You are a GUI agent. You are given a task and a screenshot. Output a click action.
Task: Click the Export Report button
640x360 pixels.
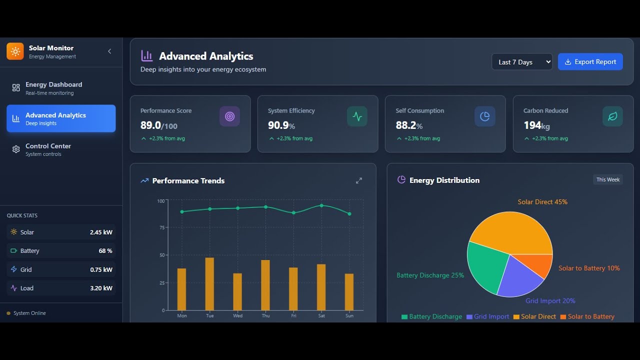coord(590,62)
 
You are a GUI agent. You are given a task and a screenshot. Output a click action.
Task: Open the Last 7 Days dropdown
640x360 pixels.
coord(521,62)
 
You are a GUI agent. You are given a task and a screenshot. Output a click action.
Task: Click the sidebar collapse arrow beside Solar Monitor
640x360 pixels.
coord(109,51)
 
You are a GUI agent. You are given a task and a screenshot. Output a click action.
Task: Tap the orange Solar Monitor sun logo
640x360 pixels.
coord(15,51)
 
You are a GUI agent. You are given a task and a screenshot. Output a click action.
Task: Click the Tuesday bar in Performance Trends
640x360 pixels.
coord(209,284)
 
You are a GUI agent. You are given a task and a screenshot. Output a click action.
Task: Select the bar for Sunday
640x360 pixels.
coord(349,292)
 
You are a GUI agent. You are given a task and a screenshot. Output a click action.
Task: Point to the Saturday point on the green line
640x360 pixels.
coord(321,205)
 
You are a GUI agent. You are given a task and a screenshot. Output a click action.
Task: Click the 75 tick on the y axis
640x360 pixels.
coord(161,227)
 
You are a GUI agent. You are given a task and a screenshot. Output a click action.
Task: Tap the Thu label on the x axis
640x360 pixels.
coord(265,315)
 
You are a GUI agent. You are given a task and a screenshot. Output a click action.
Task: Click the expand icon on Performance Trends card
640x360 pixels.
coord(358,180)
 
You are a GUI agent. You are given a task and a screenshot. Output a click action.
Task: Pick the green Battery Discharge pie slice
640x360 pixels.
coord(485,267)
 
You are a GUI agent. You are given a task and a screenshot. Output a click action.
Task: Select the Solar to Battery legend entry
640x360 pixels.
coord(587,316)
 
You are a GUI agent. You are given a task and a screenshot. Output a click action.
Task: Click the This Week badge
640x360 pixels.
coord(607,179)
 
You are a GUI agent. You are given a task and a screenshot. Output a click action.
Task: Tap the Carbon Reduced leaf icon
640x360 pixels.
coord(612,116)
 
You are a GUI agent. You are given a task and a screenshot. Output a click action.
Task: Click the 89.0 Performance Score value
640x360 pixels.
coord(150,125)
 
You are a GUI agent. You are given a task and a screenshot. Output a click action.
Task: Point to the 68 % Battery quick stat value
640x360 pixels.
coord(105,251)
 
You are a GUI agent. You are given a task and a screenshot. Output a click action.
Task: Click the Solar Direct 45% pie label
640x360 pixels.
coord(542,202)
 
